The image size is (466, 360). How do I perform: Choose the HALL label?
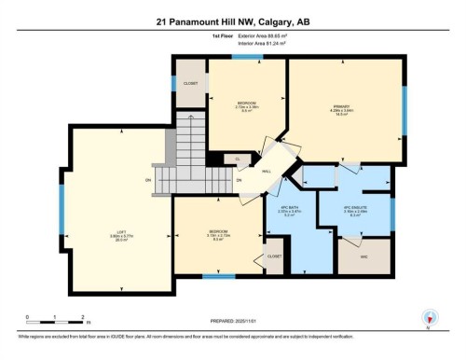click(x=266, y=172)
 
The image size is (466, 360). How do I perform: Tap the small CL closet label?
click(x=239, y=159)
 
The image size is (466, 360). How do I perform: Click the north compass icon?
click(x=430, y=317)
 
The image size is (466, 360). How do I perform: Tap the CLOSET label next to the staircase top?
click(x=191, y=82)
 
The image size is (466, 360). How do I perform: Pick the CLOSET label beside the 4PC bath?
click(x=274, y=255)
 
